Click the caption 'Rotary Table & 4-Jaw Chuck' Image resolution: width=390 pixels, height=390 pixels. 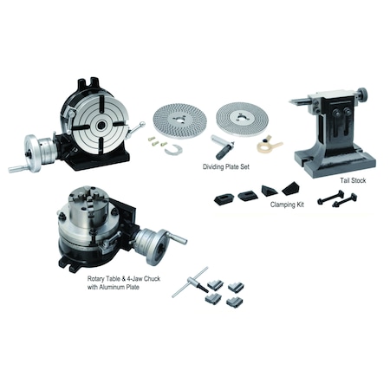[x=114, y=278]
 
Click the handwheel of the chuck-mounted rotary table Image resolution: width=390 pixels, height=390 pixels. [x=157, y=244]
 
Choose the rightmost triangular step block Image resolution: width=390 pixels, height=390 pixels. [x=288, y=187]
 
